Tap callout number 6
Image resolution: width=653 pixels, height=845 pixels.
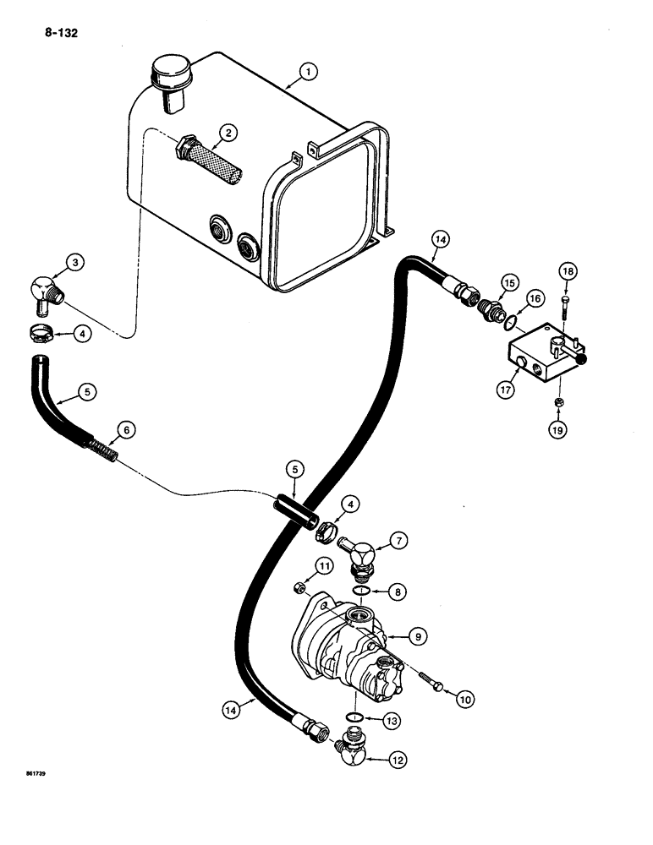point(125,430)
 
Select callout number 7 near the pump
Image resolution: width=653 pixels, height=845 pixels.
point(401,537)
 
